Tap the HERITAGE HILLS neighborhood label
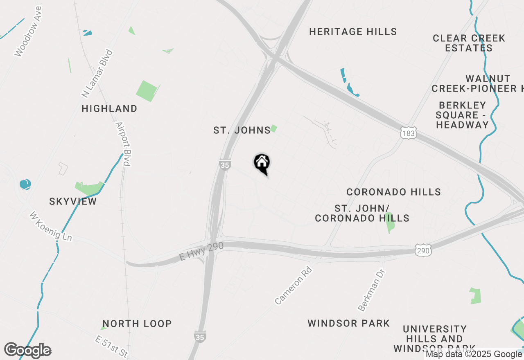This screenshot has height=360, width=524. coord(353,32)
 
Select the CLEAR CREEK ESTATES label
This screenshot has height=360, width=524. coord(469,43)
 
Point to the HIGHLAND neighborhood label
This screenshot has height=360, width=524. coord(109,108)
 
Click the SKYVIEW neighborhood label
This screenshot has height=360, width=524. coord(73,201)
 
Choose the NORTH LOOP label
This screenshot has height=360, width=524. coord(137,324)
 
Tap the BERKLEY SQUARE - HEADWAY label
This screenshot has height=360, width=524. coord(462,115)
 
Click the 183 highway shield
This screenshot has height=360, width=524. coord(408,133)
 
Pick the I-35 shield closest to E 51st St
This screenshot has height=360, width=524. coord(200,337)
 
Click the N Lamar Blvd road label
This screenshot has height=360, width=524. coord(97,74)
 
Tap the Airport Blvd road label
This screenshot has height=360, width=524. coord(123,144)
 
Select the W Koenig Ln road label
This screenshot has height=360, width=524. coord(50,226)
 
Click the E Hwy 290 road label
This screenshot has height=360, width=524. coord(201,251)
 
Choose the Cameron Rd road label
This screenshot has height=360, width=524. coord(293,286)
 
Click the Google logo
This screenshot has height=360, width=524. coord(28,351)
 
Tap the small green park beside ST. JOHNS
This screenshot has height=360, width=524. coord(273,128)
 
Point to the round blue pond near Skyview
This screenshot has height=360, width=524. coord(25,184)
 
